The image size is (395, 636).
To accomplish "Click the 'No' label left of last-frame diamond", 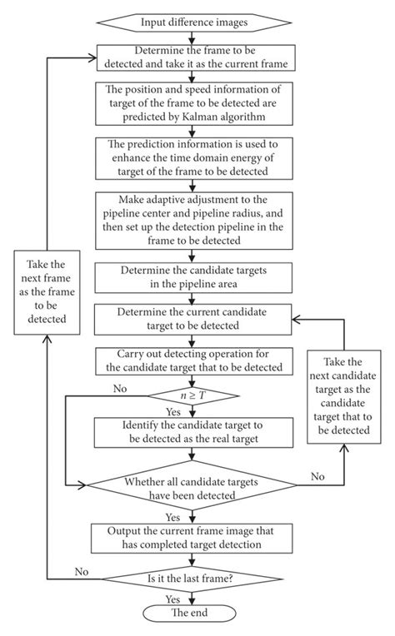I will pyautogui.click(x=82, y=572).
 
